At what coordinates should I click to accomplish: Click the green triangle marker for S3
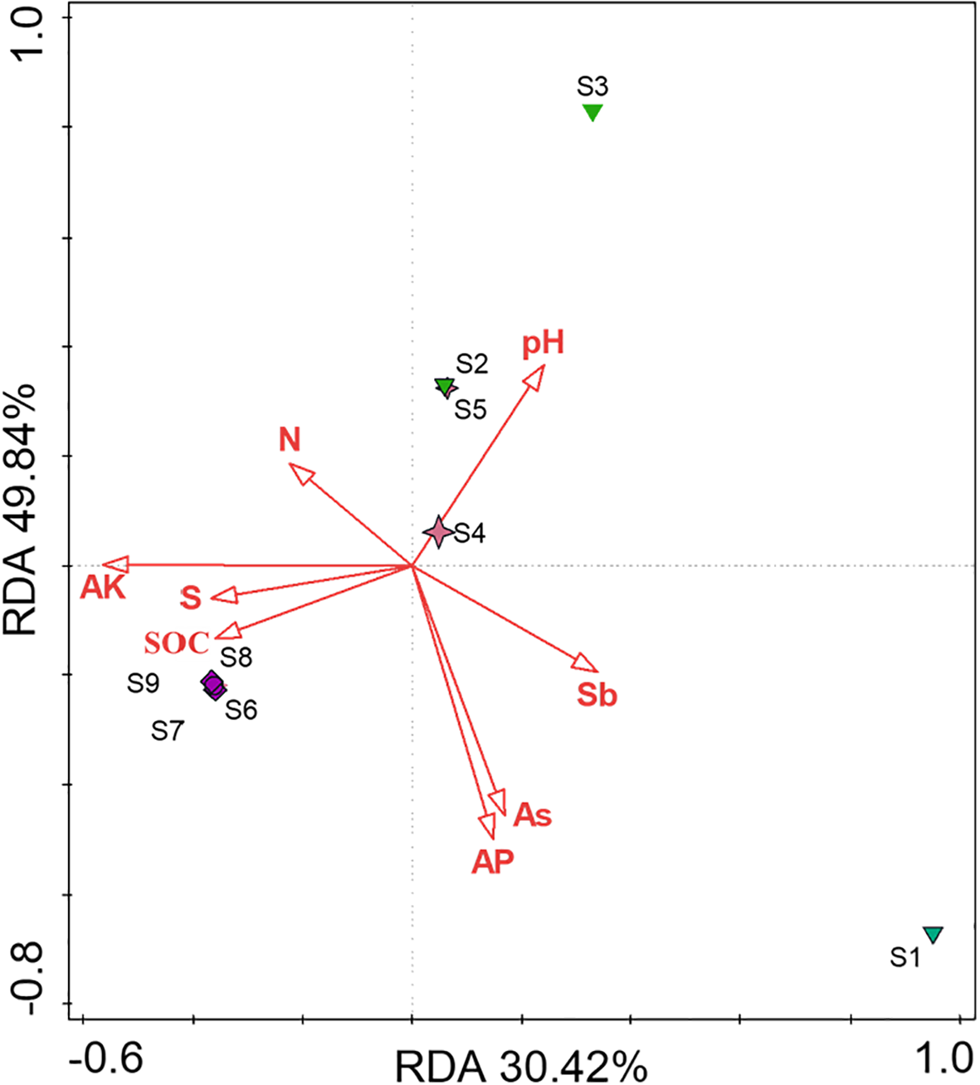pyautogui.click(x=592, y=112)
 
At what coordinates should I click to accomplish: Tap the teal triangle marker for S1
pyautogui.click(x=934, y=935)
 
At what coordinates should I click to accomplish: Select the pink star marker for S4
pyautogui.click(x=438, y=531)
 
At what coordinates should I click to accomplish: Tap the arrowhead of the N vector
pyautogui.click(x=300, y=472)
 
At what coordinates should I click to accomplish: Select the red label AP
pyautogui.click(x=492, y=863)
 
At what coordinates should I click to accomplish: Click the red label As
pyautogui.click(x=532, y=815)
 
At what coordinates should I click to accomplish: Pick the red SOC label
pyautogui.click(x=176, y=643)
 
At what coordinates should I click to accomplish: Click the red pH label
pyautogui.click(x=544, y=343)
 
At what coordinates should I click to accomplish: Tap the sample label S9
pyautogui.click(x=143, y=683)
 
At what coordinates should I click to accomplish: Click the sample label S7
pyautogui.click(x=167, y=731)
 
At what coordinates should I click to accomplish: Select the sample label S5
pyautogui.click(x=470, y=409)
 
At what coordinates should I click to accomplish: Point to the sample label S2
pyautogui.click(x=471, y=364)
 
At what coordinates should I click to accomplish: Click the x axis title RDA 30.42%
pyautogui.click(x=520, y=1065)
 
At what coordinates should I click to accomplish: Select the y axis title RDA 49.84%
pyautogui.click(x=22, y=508)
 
